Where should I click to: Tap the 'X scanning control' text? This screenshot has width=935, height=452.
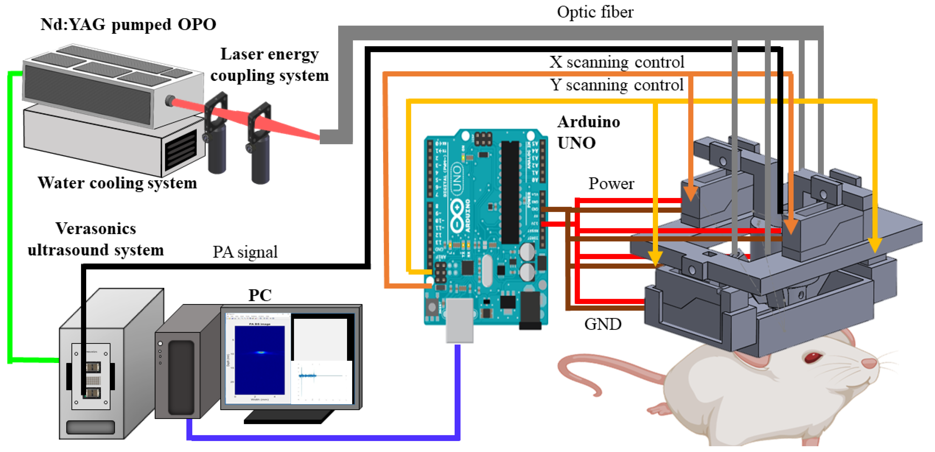tap(616, 62)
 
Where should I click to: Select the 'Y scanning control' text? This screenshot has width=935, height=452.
tap(616, 85)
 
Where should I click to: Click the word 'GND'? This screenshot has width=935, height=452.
tap(602, 324)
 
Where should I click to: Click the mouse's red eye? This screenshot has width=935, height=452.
tap(812, 357)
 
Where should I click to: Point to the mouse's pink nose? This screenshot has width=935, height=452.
tap(868, 362)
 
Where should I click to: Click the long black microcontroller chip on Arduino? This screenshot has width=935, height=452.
tap(510, 192)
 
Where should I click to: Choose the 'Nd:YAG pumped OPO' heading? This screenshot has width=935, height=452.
tap(128, 25)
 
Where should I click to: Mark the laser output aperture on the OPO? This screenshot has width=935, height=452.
tap(169, 101)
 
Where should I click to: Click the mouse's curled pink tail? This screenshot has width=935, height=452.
tap(581, 377)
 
